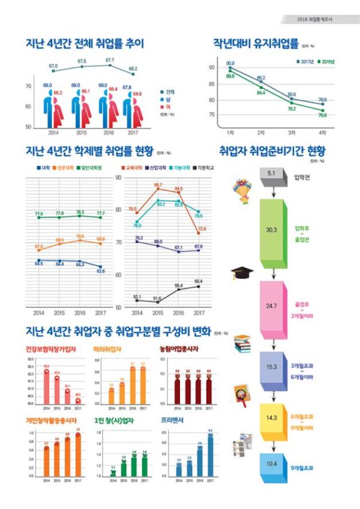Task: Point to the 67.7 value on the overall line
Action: [x=110, y=60]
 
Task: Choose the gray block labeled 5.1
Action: [x=271, y=174]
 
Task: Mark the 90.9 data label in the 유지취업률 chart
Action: [x=230, y=63]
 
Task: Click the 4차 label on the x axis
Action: [x=322, y=131]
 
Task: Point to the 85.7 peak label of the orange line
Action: [x=158, y=185]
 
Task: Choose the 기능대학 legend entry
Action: [x=181, y=168]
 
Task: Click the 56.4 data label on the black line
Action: [x=198, y=281]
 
